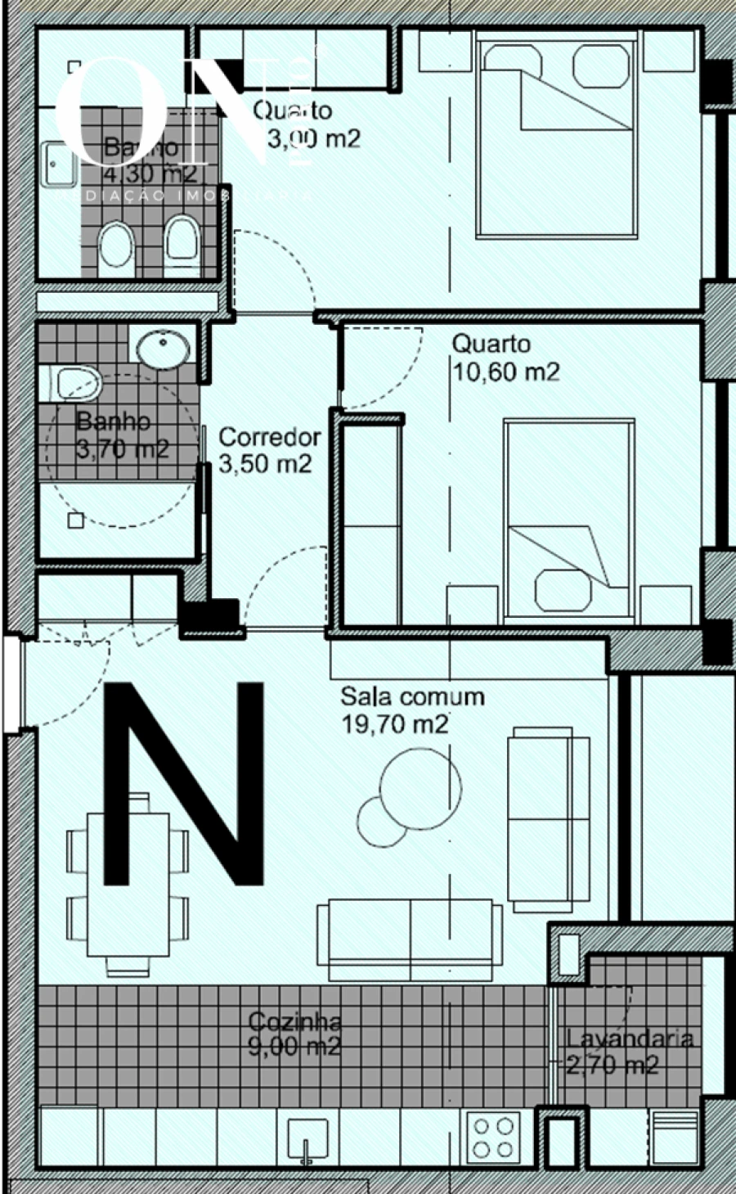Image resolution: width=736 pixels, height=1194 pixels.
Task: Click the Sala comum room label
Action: (412, 696)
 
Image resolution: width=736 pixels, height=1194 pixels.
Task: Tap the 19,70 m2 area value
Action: (394, 723)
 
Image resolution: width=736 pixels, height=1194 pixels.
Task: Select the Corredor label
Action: (269, 437)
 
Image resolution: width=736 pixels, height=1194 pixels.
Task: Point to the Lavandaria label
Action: (630, 1039)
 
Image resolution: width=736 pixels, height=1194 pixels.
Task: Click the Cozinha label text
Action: (294, 1021)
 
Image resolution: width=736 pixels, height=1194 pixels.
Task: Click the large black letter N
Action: (184, 783)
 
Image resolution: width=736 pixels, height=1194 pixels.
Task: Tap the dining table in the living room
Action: (128, 884)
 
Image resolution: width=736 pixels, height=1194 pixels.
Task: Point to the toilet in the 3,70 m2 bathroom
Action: (75, 382)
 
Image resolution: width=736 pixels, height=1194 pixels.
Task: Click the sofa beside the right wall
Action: (549, 818)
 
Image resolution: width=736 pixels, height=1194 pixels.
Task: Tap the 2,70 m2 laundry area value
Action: (613, 1065)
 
